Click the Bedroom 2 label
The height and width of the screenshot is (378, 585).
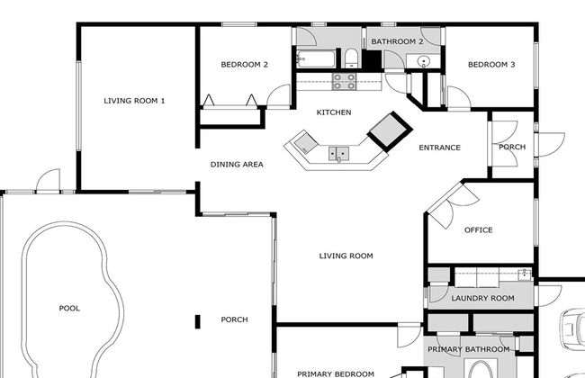coord(245,65)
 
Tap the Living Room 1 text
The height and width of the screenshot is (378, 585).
coord(134,101)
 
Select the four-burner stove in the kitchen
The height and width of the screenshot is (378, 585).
coord(345,82)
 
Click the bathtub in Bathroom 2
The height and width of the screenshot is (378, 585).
coord(317,59)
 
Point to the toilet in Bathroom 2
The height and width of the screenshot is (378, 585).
coord(351,59)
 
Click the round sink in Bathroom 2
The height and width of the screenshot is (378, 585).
coord(424,61)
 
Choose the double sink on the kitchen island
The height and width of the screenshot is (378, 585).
coord(338,153)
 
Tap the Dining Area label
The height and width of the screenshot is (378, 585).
coord(237,165)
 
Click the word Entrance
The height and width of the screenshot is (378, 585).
coord(439,148)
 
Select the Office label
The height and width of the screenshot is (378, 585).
coord(478,230)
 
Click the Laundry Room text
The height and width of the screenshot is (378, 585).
coord(482,299)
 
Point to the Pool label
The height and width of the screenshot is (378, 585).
coord(69,308)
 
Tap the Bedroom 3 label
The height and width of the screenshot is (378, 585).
coord(491,65)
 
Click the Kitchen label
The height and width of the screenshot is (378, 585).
coord(334,112)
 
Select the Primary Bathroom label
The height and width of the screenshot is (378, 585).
coord(469,349)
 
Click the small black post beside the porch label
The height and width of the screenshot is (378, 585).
coord(198,321)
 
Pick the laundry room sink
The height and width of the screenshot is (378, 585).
coord(525,274)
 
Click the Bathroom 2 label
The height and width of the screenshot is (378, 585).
coord(397,41)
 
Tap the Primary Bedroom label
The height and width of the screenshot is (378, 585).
coord(336,373)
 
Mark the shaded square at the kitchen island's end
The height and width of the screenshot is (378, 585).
coord(306,142)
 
